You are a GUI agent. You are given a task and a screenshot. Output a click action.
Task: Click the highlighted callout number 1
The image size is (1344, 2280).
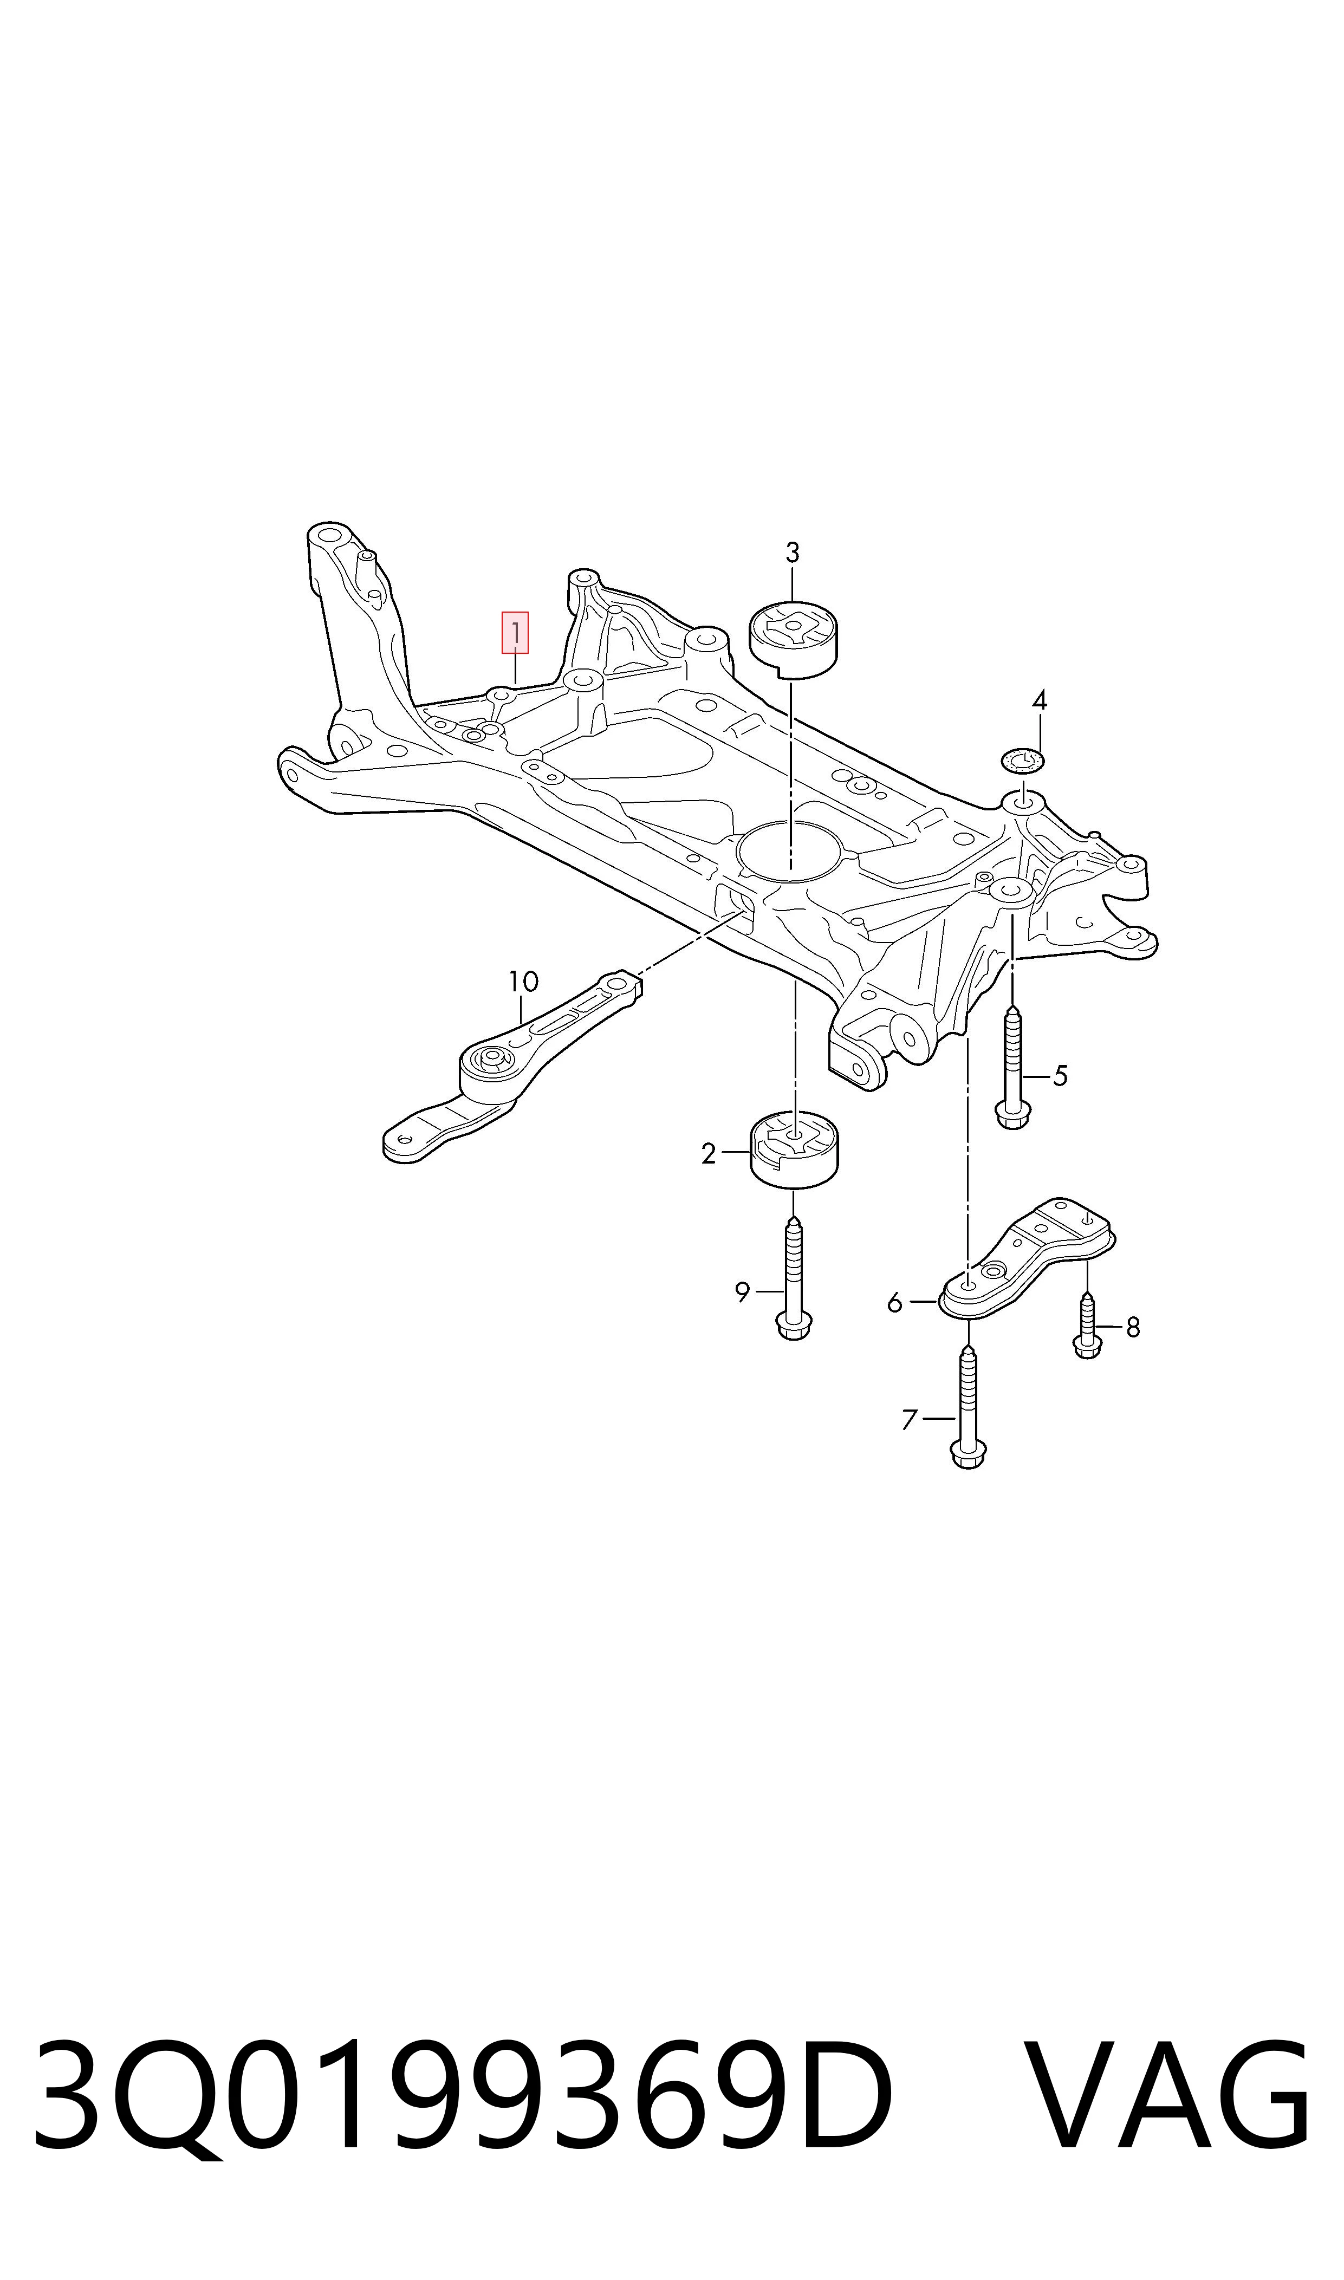(x=515, y=632)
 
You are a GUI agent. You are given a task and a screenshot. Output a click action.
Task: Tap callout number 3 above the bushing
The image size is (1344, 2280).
(x=793, y=553)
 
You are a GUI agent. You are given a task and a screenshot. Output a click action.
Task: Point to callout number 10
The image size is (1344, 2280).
(x=523, y=982)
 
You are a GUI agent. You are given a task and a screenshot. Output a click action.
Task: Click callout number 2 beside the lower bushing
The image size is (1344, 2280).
(x=708, y=1154)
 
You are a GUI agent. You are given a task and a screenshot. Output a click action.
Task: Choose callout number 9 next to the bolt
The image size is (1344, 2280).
(x=743, y=1292)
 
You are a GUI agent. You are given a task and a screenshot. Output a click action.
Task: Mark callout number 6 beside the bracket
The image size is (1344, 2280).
(x=895, y=1302)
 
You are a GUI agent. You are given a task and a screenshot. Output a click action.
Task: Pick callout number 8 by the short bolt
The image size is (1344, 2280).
(x=1132, y=1328)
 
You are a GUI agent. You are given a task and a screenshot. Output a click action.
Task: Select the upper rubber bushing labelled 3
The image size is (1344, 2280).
(x=794, y=638)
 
